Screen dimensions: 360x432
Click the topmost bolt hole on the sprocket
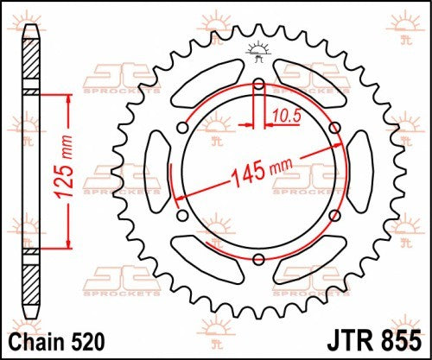(259, 84)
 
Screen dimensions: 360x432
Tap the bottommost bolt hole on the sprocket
(259, 260)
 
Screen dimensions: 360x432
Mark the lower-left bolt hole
(182, 216)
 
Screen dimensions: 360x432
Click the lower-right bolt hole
(335, 216)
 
